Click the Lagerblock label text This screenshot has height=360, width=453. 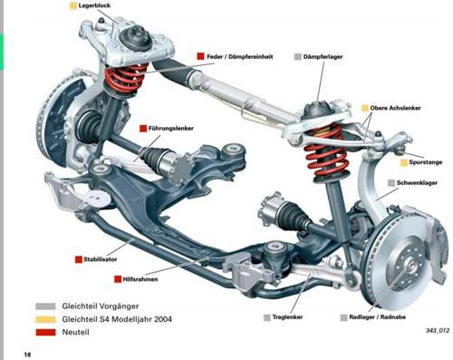(94, 5)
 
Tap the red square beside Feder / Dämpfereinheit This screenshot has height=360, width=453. (200, 56)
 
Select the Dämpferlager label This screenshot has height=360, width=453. (323, 56)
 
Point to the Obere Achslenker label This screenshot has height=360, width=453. (395, 108)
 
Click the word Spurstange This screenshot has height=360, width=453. (425, 162)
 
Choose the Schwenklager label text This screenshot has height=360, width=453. (417, 182)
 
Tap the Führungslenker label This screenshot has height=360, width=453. (170, 128)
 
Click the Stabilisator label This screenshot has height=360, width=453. (100, 259)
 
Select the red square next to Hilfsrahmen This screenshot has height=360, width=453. (118, 278)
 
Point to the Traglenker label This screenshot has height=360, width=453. (287, 317)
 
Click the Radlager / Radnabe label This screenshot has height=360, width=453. (377, 317)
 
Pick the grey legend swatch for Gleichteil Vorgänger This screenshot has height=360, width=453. (45, 306)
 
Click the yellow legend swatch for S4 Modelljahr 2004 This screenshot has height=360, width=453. (45, 319)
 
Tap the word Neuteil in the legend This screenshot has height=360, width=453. (75, 332)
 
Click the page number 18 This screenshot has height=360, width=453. (27, 355)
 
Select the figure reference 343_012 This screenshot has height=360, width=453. (438, 330)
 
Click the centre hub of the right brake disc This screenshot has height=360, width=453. (410, 265)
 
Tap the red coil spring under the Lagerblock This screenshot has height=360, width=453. (125, 78)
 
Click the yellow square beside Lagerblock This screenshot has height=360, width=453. (73, 5)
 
